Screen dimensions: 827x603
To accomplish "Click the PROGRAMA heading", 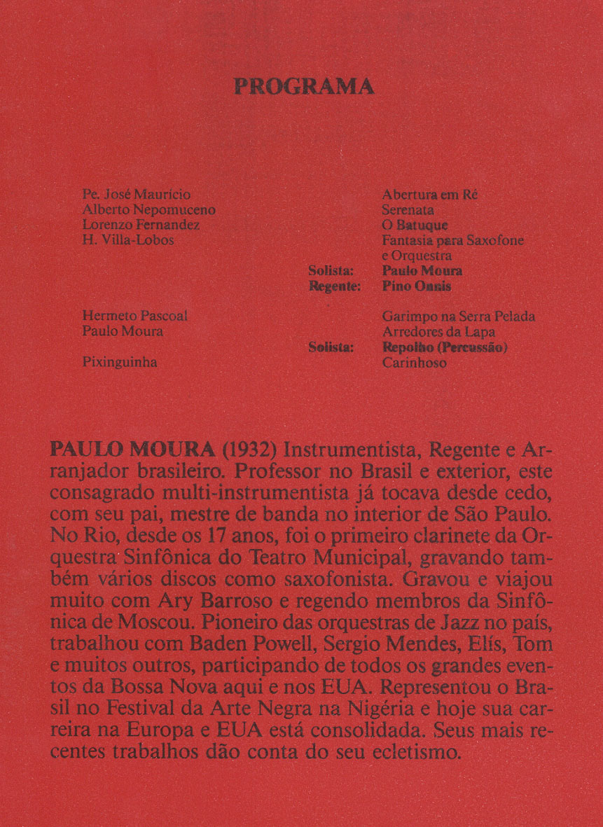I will tap(303, 87).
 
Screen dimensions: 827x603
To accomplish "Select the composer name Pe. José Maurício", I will tap(137, 194).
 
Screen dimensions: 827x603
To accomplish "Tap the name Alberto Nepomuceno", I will tap(149, 209).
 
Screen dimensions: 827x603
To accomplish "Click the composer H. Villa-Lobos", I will tap(128, 240).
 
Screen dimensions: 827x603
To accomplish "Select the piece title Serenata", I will tap(408, 209).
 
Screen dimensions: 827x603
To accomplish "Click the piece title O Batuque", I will tap(415, 225).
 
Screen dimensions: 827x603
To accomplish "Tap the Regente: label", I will tap(335, 286).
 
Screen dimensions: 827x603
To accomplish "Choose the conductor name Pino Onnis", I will tap(417, 286).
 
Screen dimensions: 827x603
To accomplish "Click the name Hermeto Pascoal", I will tap(135, 317).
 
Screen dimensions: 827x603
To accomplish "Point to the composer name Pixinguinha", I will tap(120, 363).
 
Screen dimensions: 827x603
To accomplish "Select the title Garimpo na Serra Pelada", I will tap(459, 317).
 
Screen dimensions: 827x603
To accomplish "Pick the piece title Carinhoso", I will tap(415, 363).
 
